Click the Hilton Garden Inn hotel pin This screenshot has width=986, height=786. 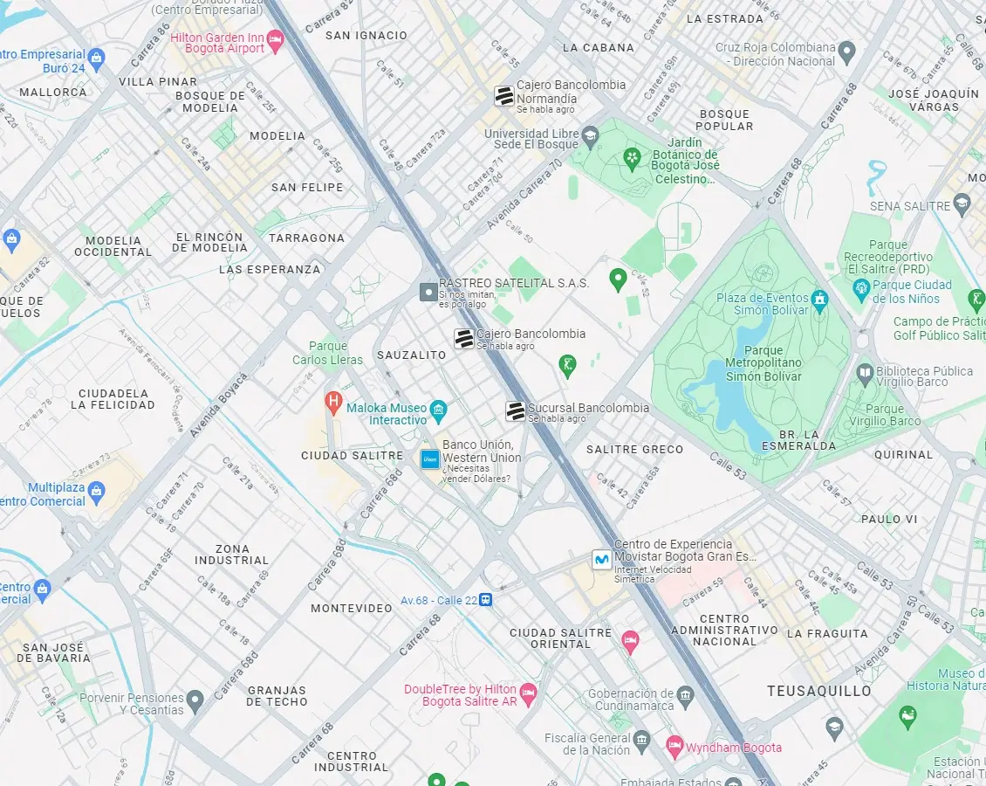(276, 39)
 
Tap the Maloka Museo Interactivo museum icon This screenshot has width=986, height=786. (439, 410)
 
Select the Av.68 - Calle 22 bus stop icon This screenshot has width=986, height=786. (486, 600)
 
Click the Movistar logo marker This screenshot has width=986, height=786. (601, 559)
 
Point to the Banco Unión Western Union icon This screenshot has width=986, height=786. (429, 458)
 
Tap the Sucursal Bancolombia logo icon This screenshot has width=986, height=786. (516, 410)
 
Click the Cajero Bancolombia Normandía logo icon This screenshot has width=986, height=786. (503, 96)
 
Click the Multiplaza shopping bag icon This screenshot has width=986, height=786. (96, 490)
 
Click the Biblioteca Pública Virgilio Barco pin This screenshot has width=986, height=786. (865, 372)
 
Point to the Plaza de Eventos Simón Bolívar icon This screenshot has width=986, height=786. (818, 300)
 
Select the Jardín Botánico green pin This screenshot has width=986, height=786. (633, 157)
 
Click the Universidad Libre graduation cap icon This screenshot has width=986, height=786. (591, 135)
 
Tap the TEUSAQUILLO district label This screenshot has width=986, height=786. (818, 691)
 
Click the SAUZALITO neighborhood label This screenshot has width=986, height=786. (411, 355)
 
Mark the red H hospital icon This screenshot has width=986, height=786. (332, 401)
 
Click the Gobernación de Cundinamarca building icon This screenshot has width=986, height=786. (686, 695)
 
